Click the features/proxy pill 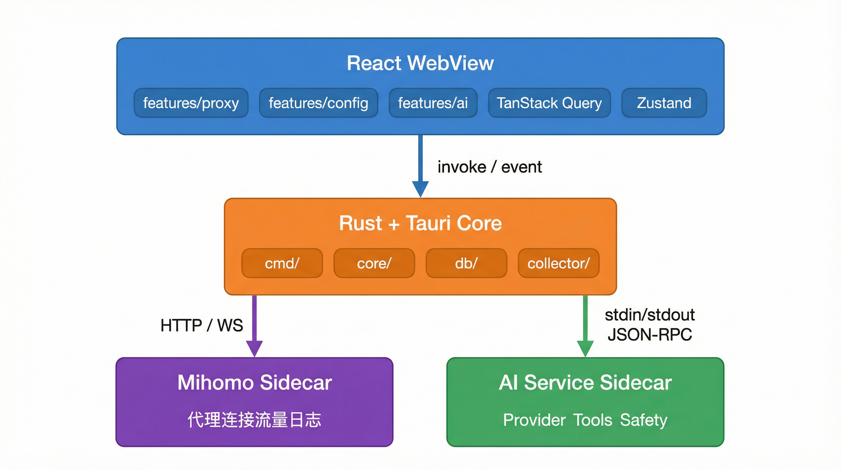click(191, 103)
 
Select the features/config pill click(318, 103)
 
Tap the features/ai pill click(433, 103)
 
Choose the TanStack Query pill click(549, 103)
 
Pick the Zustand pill click(664, 103)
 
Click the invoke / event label click(490, 167)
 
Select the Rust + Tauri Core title click(420, 223)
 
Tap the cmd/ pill click(282, 263)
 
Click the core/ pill click(374, 263)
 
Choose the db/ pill click(466, 263)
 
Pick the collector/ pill click(559, 263)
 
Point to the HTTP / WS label click(201, 326)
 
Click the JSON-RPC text click(650, 335)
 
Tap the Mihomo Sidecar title click(255, 382)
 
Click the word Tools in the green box click(593, 420)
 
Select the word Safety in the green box click(644, 420)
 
